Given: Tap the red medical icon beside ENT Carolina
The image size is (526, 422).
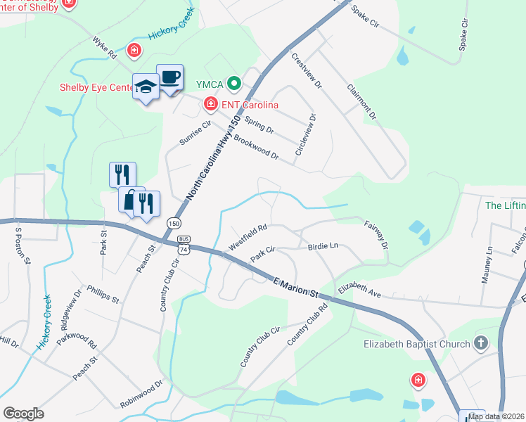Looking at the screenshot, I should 210,105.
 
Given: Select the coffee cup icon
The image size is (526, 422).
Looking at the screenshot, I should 169,76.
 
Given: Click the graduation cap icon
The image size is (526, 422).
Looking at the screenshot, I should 146,87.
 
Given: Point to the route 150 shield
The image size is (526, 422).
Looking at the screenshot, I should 173,223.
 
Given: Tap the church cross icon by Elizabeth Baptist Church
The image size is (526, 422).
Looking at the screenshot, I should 480,344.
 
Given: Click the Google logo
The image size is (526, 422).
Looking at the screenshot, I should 23,414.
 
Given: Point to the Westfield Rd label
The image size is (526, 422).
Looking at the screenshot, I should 248,237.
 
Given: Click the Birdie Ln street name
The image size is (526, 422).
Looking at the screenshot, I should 323,247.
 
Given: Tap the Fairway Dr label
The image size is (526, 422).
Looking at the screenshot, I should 376,235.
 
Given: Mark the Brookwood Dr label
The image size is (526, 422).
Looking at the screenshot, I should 256,148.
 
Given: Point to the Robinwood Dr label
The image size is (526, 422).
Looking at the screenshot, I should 141,395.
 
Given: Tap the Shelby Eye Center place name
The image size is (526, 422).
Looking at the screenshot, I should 96,88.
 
